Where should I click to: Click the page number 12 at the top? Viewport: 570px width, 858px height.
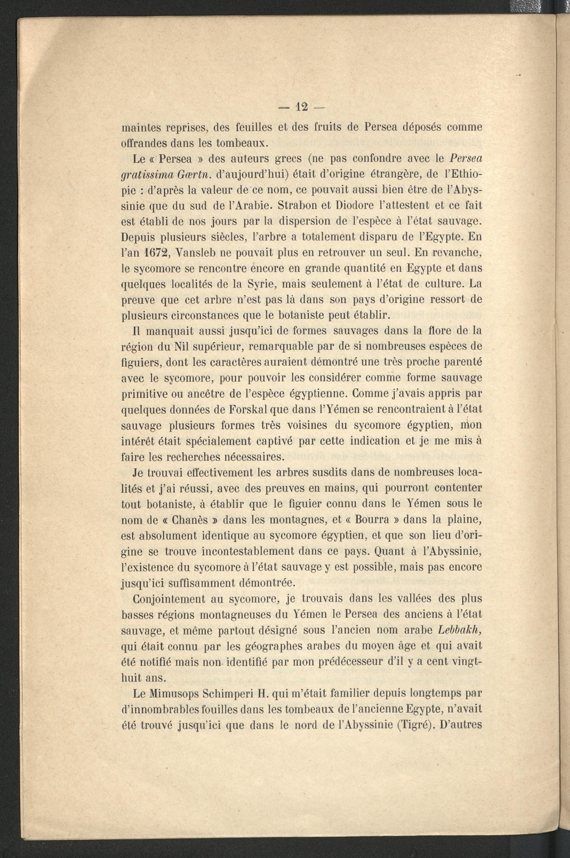point(302,107)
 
